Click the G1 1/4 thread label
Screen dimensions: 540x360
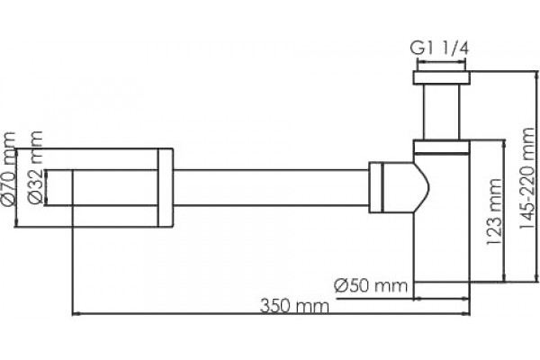point(439,49)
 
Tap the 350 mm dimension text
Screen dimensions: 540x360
point(294,306)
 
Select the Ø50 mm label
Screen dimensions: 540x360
point(371,285)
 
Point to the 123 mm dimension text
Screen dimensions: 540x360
point(494,211)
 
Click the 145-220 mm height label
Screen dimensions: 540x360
point(526,178)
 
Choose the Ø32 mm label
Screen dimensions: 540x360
point(35,167)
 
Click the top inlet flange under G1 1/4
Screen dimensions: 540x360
point(442,77)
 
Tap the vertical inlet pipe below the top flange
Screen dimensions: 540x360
point(442,112)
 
